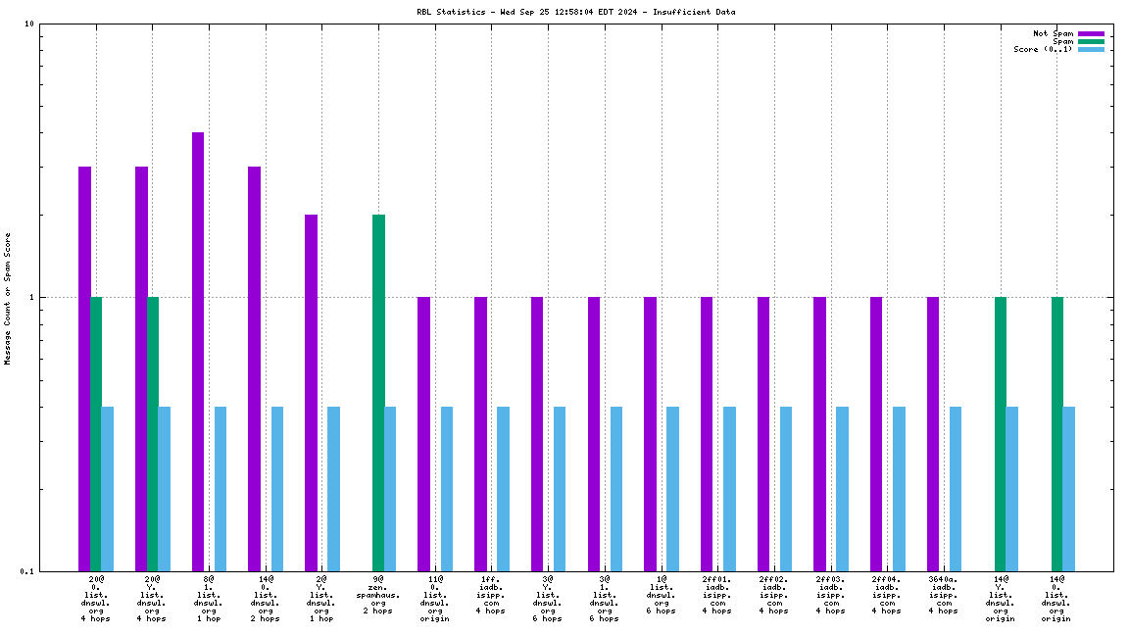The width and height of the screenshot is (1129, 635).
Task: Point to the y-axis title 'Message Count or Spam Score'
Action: [8, 299]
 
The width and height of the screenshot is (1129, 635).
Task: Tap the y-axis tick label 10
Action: [29, 24]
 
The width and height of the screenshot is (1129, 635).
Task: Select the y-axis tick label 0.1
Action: [26, 571]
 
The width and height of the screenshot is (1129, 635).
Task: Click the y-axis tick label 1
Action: [31, 298]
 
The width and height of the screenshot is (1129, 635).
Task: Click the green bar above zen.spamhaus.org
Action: [378, 392]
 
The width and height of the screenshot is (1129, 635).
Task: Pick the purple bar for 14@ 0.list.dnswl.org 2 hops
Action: [254, 368]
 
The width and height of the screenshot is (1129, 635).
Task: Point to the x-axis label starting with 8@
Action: [209, 599]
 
